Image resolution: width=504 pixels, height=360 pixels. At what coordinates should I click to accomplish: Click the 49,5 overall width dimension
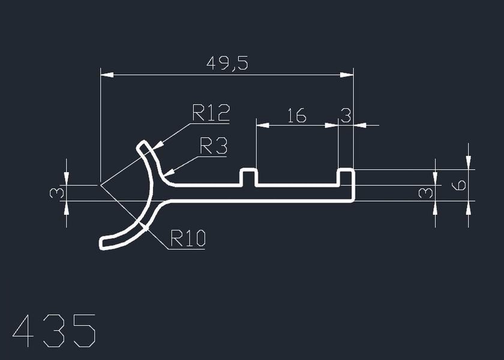coord(227,62)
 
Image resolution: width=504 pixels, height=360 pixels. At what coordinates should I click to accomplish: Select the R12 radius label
coord(211,112)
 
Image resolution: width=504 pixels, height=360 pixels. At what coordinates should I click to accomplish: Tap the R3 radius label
coord(214,146)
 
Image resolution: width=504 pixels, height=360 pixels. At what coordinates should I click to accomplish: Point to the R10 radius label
coord(188,239)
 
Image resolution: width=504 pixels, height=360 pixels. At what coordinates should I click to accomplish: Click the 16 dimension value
coord(296,115)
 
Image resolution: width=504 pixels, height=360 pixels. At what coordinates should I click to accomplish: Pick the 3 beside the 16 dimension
coord(346,115)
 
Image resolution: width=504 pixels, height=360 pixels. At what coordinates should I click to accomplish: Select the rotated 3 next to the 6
coord(425,193)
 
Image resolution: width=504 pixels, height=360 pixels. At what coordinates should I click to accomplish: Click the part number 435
coord(54,331)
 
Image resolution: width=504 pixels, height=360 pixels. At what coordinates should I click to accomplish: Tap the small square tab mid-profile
coord(249,178)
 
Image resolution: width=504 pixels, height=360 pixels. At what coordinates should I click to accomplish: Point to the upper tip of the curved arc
coord(143,146)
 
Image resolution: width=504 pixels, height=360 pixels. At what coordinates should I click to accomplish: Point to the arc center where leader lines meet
coord(100,185)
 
